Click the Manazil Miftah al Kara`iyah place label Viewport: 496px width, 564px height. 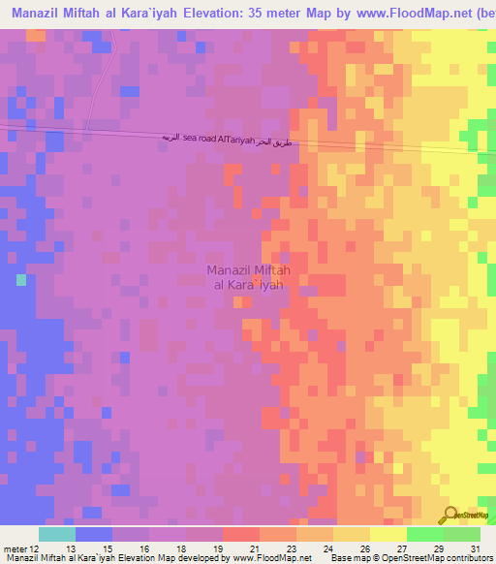[247, 277]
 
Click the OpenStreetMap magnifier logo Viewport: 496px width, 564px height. [449, 515]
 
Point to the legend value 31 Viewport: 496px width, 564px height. [475, 548]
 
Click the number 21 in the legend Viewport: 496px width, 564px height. [253, 548]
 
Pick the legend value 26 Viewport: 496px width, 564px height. [363, 548]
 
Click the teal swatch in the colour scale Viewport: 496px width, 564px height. [57, 534]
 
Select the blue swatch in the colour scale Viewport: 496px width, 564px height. [94, 534]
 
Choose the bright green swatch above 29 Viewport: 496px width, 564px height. [425, 534]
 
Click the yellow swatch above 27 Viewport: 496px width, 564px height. [388, 534]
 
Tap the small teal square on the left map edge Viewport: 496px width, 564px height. [20, 279]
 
